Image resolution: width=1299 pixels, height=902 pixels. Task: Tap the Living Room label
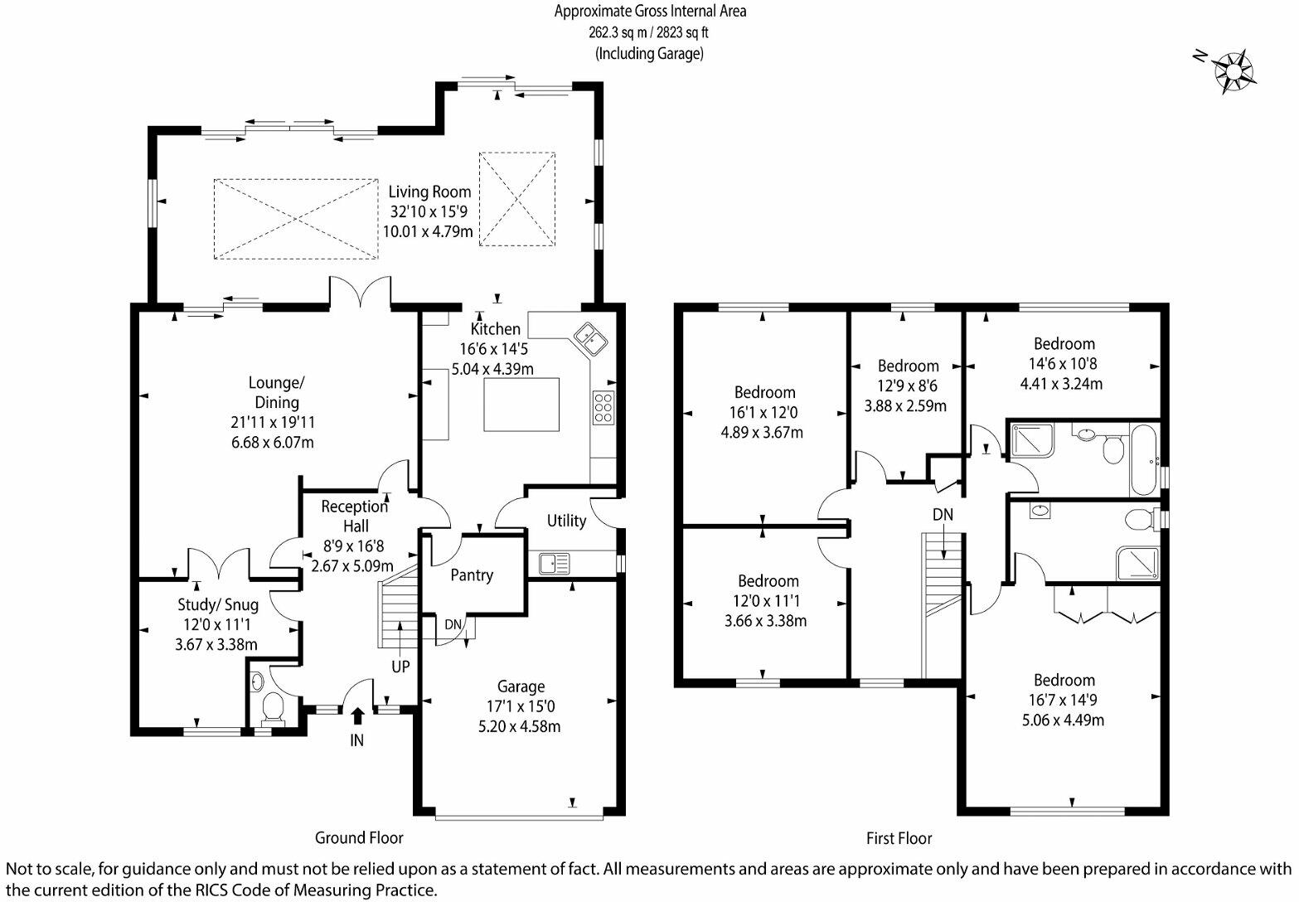tap(429, 192)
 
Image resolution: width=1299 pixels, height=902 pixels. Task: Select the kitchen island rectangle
tap(521, 404)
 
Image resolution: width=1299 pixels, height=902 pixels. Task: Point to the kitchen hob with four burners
tap(603, 407)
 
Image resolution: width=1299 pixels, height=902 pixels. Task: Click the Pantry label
tap(472, 575)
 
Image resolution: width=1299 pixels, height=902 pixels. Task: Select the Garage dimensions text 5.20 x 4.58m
tap(521, 727)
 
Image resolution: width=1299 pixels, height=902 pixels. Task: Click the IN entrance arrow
tap(357, 715)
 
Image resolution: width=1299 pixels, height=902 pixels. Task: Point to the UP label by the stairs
tap(400, 666)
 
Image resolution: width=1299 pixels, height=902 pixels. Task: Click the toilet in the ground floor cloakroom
tap(272, 710)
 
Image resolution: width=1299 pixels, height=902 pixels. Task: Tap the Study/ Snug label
tap(218, 605)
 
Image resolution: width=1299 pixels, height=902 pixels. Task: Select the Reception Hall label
tap(356, 516)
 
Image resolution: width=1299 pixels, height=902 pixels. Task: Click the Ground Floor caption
tap(359, 837)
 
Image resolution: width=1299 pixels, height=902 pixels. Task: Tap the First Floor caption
tap(899, 838)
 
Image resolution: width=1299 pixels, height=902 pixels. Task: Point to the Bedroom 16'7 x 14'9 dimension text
tap(1064, 701)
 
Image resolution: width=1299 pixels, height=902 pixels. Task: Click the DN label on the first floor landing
tap(943, 515)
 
